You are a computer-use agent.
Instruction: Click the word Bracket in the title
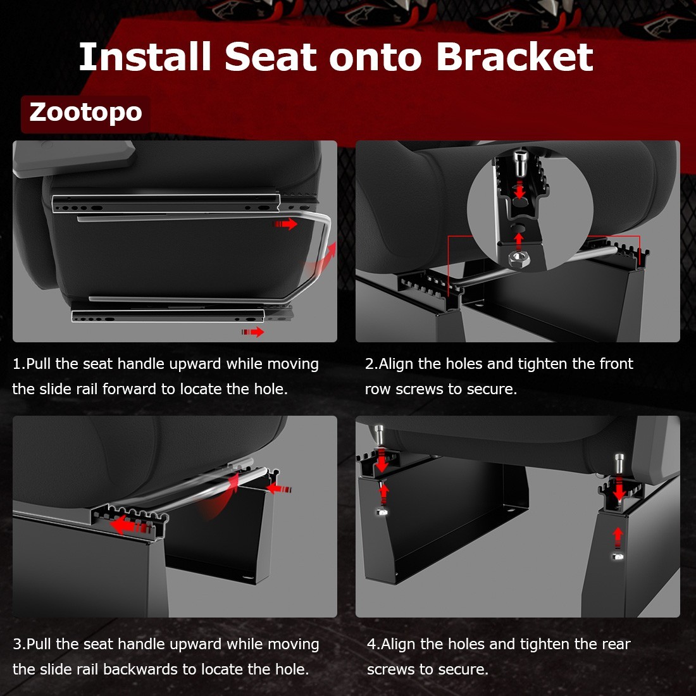[x=514, y=57]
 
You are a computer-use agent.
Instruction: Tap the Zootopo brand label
[x=85, y=113]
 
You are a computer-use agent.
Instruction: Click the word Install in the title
[x=144, y=57]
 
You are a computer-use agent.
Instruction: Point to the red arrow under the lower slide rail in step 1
[x=253, y=332]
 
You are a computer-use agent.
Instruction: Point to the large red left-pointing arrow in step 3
[x=127, y=525]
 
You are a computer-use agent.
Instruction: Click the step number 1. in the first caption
[x=19, y=364]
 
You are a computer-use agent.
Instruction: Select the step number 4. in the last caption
[x=373, y=645]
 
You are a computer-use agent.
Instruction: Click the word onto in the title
[x=375, y=57]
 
